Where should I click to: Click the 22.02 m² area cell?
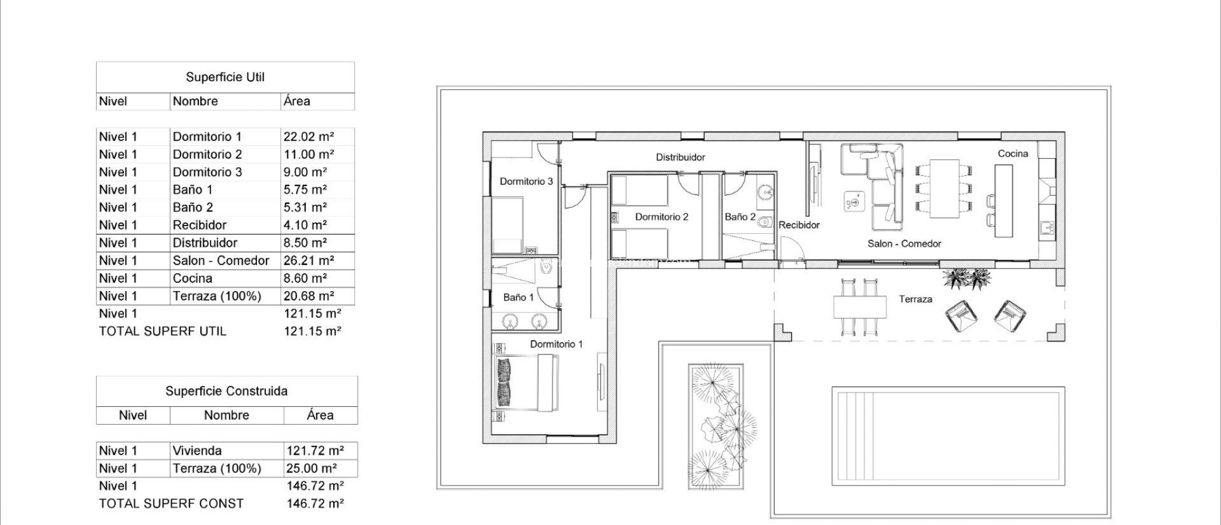(308, 137)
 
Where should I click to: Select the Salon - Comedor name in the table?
(221, 261)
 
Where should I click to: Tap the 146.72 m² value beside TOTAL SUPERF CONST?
(315, 504)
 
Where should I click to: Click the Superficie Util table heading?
(225, 77)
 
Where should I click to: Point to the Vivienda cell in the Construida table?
(197, 451)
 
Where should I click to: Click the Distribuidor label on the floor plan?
(680, 157)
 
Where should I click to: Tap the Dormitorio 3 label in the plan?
(526, 181)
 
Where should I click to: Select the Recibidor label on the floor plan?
(799, 225)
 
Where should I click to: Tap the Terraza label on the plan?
(915, 299)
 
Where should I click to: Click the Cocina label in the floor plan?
(1013, 154)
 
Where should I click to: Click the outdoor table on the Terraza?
(859, 307)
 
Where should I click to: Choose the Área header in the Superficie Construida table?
(320, 415)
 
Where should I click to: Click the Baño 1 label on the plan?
(518, 297)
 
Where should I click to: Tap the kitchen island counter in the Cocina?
(1003, 200)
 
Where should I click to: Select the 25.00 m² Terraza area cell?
(311, 469)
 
